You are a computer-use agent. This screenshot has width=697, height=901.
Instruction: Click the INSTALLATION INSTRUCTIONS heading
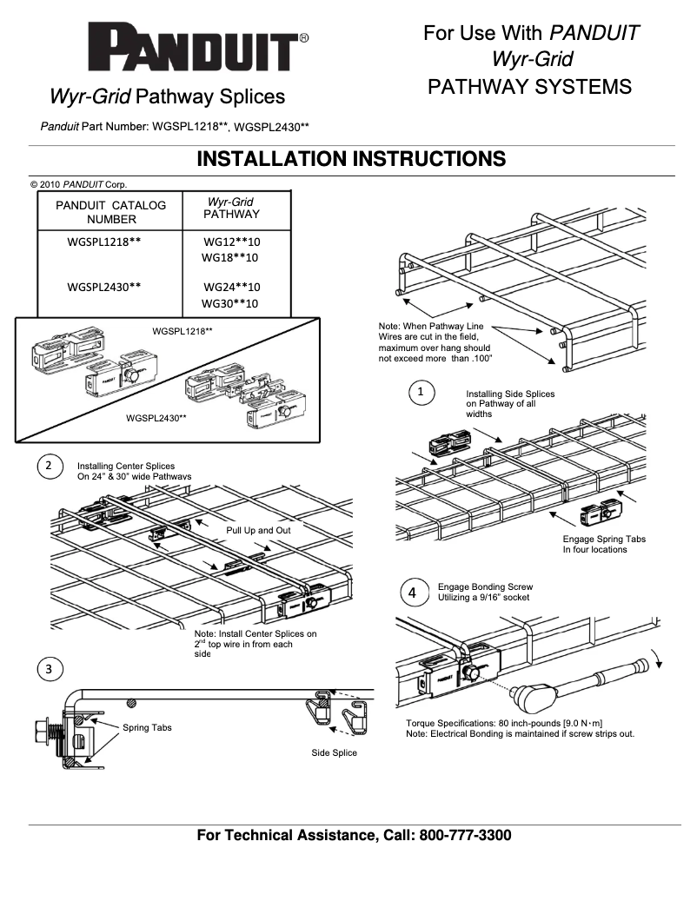pyautogui.click(x=351, y=159)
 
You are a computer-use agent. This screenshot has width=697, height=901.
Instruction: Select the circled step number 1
pyautogui.click(x=422, y=393)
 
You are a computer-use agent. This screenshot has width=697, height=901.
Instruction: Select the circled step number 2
pyautogui.click(x=49, y=466)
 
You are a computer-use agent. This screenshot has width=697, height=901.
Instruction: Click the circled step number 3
pyautogui.click(x=49, y=668)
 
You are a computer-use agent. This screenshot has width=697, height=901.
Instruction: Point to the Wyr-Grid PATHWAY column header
pyautogui.click(x=231, y=208)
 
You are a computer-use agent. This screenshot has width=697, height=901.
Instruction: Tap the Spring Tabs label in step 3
pyautogui.click(x=147, y=727)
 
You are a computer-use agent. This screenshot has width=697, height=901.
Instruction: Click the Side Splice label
pyautogui.click(x=334, y=752)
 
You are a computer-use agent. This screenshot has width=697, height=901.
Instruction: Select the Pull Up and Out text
pyautogui.click(x=258, y=530)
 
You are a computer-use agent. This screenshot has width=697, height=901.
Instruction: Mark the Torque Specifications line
pyautogui.click(x=504, y=723)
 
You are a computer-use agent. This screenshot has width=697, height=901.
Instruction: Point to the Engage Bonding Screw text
pyautogui.click(x=485, y=587)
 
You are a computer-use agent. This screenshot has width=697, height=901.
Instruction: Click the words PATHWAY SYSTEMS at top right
pyautogui.click(x=529, y=87)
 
